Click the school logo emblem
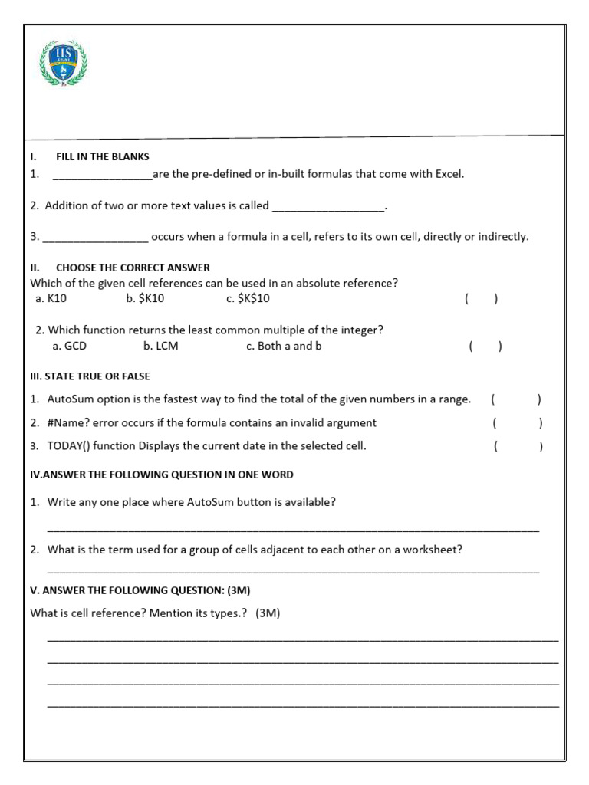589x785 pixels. point(64,63)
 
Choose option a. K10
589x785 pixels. point(51,299)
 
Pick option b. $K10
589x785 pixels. point(145,299)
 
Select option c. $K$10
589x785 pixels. point(248,299)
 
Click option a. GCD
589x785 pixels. point(69,346)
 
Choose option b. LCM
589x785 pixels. point(160,346)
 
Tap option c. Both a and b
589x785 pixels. point(284,346)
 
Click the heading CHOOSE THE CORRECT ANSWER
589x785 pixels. point(133,268)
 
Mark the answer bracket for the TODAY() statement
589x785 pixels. point(518,446)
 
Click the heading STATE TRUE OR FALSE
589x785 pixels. point(90,376)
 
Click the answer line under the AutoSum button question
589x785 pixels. point(293,529)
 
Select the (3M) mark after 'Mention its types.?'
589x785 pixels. point(268,613)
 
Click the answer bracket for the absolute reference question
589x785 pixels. point(481,299)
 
